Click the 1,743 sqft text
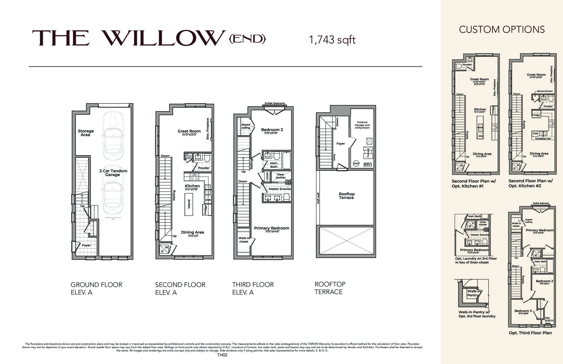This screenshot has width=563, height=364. [332, 40]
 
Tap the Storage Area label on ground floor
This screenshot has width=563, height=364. [86, 133]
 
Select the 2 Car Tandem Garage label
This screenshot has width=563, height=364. [113, 173]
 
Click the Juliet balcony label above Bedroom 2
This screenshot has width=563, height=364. [275, 103]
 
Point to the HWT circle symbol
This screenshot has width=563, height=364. [356, 163]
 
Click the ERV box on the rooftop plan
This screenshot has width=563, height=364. [367, 164]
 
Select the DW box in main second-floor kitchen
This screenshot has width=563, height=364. [208, 200]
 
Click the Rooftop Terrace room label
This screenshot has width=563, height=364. [346, 196]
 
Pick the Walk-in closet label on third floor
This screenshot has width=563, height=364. [244, 240]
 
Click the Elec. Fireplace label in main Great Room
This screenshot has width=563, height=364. [208, 129]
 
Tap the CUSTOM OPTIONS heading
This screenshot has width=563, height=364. [502, 30]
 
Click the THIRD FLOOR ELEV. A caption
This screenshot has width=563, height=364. [252, 288]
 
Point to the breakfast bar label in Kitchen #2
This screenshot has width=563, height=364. [543, 139]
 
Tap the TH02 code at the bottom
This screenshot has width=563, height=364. [222, 355]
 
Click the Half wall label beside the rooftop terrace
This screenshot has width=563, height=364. [318, 198]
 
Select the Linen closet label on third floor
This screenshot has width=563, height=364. [267, 176]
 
